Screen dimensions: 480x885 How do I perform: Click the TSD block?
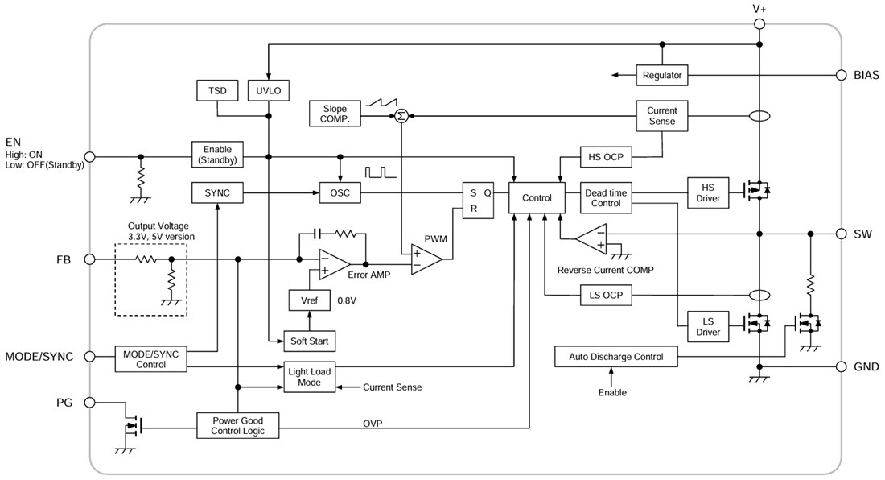point(217,90)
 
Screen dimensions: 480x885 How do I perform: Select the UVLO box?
point(268,90)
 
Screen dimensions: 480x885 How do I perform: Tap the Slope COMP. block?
point(335,114)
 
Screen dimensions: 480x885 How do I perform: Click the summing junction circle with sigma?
point(401,116)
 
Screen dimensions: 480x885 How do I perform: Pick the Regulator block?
point(662,75)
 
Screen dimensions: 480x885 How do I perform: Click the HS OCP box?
point(607,156)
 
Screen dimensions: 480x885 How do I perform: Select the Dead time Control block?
point(607,198)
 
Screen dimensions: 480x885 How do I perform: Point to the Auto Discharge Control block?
point(616,357)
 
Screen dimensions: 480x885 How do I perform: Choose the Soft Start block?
point(309,341)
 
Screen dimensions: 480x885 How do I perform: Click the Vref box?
point(309,300)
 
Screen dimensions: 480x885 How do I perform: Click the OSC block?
point(340,193)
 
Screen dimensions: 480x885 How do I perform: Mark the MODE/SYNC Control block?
point(150,358)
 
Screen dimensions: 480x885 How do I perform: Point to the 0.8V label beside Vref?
point(348,300)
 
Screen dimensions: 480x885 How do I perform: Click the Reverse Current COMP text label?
point(606,270)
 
